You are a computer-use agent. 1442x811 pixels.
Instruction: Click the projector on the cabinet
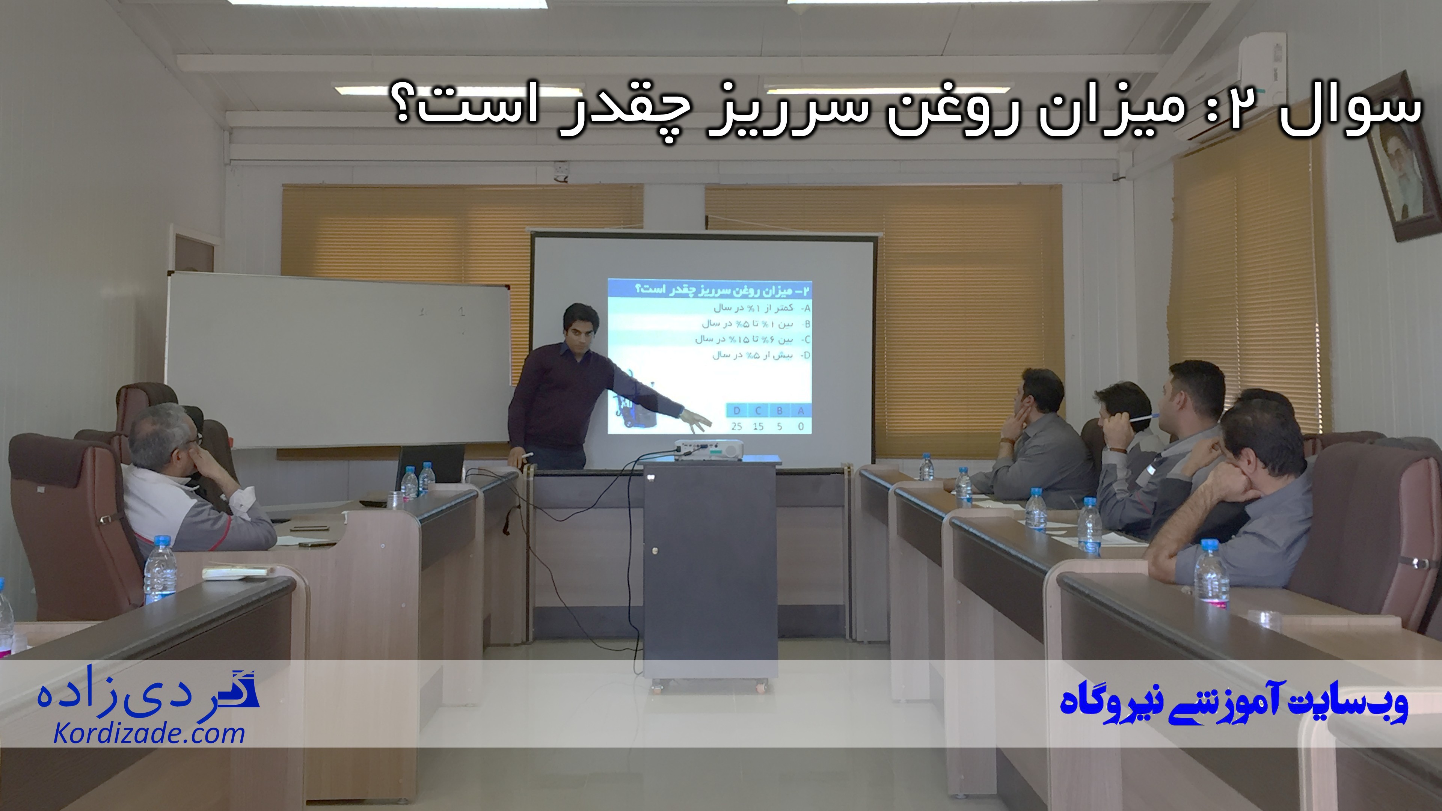click(709, 449)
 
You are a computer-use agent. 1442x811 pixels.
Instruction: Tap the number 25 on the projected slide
click(737, 427)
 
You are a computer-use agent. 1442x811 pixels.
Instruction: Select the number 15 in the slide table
click(758, 427)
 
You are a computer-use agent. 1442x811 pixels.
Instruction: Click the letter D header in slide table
click(737, 411)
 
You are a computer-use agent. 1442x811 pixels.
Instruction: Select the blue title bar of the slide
click(710, 290)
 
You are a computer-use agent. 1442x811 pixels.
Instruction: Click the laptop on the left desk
click(431, 464)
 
